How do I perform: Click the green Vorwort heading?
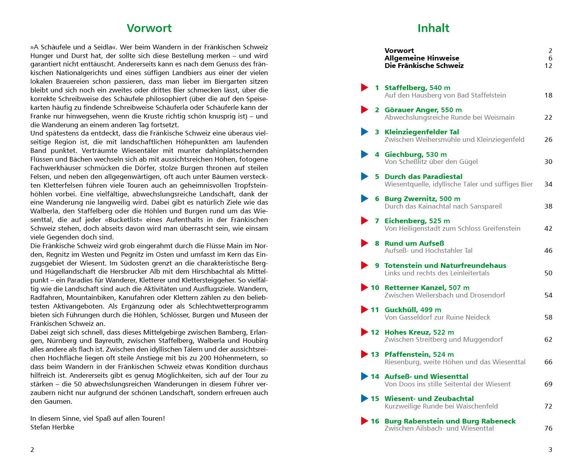(x=149, y=28)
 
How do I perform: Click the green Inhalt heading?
(x=433, y=28)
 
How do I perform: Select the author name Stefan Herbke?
(x=52, y=427)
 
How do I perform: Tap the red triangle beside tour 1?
(x=364, y=87)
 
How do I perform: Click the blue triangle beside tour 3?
(x=364, y=132)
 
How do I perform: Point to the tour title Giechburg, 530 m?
(x=416, y=154)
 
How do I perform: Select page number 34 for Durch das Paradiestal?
(x=548, y=184)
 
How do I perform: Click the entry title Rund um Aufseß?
(x=414, y=243)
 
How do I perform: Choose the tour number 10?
(x=375, y=288)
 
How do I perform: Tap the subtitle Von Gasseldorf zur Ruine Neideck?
(x=437, y=317)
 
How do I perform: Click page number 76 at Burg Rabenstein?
(x=548, y=428)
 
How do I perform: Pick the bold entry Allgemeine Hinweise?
(x=422, y=58)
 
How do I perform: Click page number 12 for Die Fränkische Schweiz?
(x=548, y=66)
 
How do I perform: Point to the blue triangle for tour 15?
(x=364, y=398)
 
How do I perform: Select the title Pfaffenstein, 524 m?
(x=419, y=354)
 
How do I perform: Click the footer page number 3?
(x=550, y=450)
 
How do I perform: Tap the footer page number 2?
(x=32, y=450)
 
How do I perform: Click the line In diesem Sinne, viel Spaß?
(x=97, y=418)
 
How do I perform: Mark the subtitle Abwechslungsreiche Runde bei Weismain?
(x=450, y=117)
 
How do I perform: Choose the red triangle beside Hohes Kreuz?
(x=364, y=332)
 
